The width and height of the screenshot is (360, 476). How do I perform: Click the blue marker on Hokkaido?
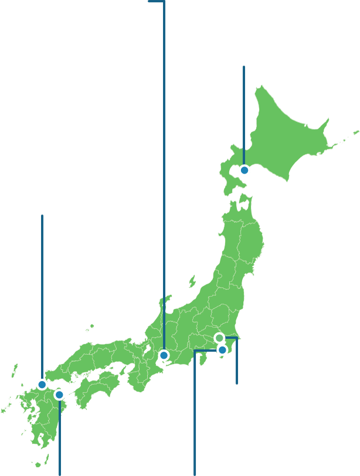244,170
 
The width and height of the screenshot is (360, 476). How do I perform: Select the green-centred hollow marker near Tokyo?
219,338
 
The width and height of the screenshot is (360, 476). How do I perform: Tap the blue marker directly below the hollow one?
222,350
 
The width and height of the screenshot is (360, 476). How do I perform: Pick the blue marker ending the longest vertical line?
164,355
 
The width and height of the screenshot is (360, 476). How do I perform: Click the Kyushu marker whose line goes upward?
42,385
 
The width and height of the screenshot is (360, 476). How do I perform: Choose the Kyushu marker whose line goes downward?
59,395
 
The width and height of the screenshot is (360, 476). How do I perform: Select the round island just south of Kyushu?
38,464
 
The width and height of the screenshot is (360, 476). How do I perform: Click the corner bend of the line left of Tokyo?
195,351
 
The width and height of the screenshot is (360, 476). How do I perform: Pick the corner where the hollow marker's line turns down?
236,338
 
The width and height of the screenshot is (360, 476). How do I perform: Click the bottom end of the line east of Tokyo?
236,383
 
